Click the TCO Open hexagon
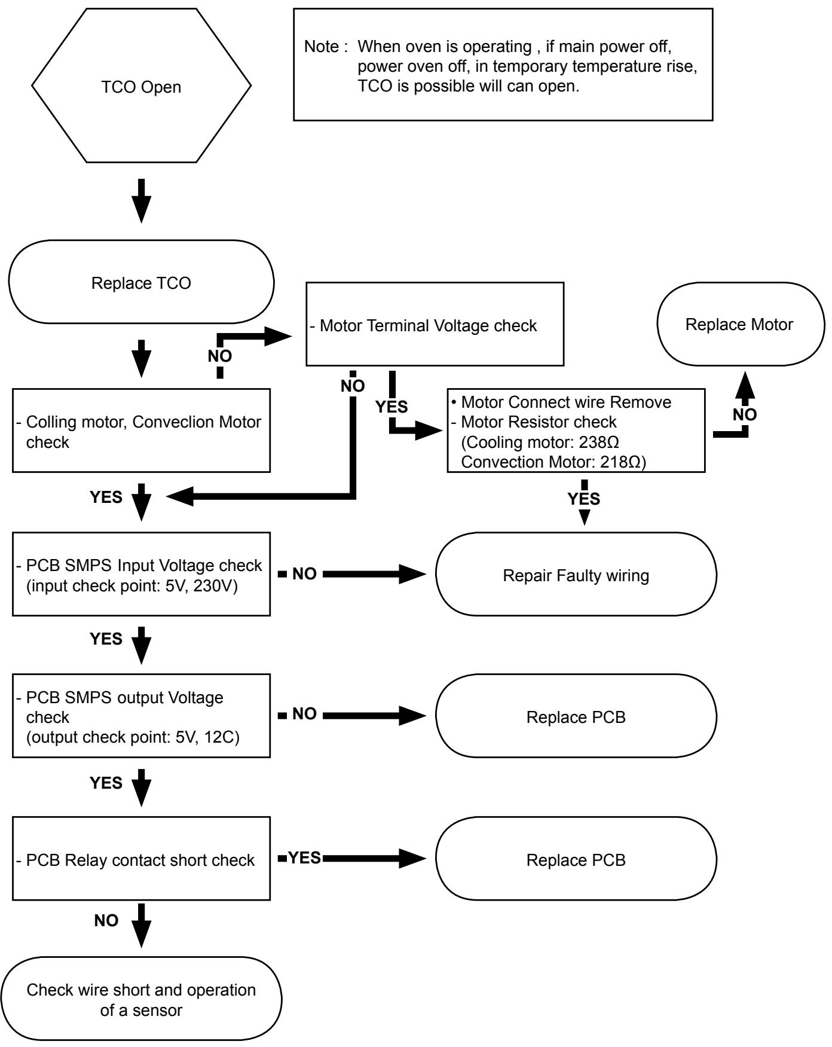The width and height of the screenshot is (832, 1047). [142, 86]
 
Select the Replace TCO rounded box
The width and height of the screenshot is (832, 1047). [142, 282]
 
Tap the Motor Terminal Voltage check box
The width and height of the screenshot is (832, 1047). [435, 324]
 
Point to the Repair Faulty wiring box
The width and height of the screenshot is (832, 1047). [576, 575]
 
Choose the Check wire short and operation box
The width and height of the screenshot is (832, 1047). [141, 999]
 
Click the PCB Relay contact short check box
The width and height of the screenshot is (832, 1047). [142, 859]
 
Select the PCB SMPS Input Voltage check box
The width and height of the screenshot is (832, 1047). [142, 574]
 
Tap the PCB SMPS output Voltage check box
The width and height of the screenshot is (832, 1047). [142, 716]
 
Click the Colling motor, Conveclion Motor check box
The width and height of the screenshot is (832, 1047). [142, 431]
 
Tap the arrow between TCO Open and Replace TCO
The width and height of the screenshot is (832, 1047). [142, 200]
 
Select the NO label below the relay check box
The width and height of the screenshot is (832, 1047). [106, 920]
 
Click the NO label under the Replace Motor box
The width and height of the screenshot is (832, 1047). [745, 414]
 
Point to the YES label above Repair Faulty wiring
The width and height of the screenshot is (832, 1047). [584, 498]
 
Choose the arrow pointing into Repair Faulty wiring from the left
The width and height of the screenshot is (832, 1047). [375, 575]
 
